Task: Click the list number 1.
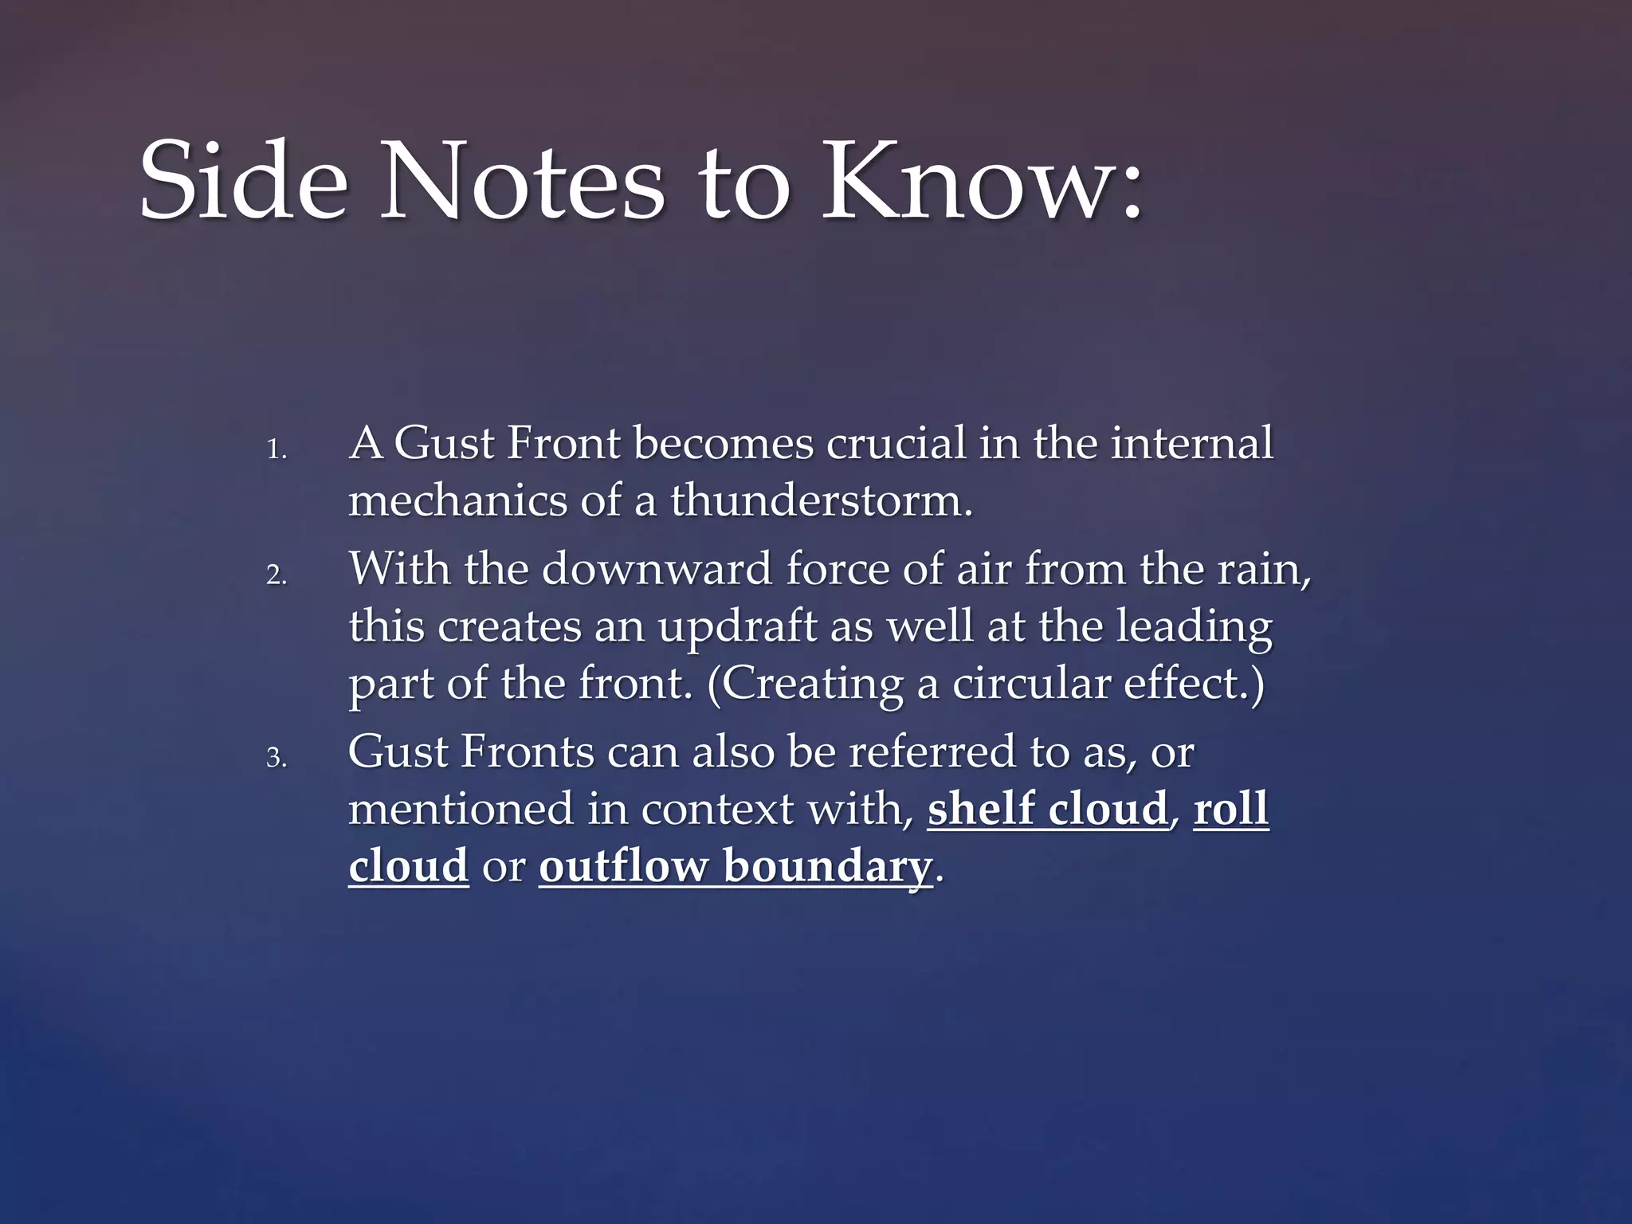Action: click(276, 451)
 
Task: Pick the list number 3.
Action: click(276, 758)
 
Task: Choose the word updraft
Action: click(737, 627)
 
